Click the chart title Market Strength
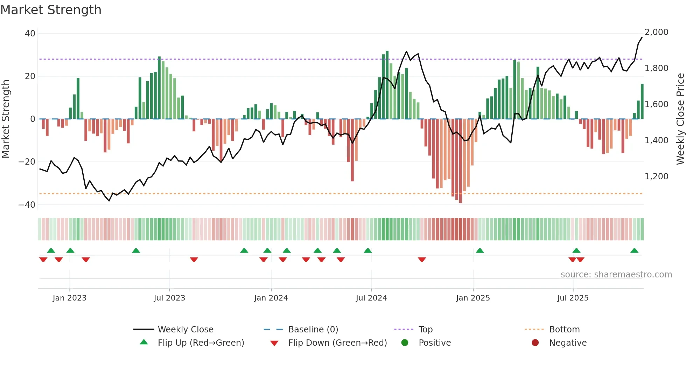click(x=51, y=10)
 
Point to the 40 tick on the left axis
click(x=30, y=34)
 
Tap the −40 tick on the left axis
click(x=27, y=205)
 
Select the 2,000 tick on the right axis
click(x=656, y=32)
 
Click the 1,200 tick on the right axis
click(x=656, y=177)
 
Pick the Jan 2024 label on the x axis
click(x=271, y=298)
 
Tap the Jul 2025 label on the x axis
click(x=573, y=298)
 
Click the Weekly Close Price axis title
click(x=680, y=119)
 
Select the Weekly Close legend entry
click(x=185, y=330)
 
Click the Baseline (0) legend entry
click(x=313, y=330)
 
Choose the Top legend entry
click(x=426, y=330)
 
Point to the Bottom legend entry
click(x=564, y=330)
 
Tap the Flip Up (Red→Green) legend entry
click(x=201, y=343)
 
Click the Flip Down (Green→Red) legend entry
click(x=337, y=343)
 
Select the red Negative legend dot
click(x=535, y=343)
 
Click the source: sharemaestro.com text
click(x=616, y=275)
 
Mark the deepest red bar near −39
click(x=461, y=161)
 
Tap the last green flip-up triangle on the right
click(x=634, y=251)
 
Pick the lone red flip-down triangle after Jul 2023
click(x=194, y=260)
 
